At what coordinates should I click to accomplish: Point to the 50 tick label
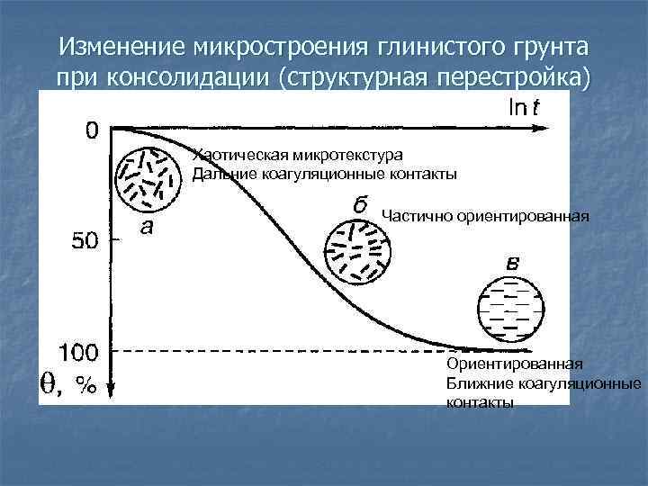pyautogui.click(x=89, y=240)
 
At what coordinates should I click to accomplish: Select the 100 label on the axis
pyautogui.click(x=80, y=350)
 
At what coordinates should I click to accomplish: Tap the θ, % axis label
pyautogui.click(x=68, y=384)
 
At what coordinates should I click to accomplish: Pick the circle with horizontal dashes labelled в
pyautogui.click(x=509, y=310)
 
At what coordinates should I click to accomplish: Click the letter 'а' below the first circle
pyautogui.click(x=146, y=226)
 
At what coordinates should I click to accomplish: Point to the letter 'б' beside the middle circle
pyautogui.click(x=359, y=204)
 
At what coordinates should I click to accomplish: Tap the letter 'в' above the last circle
pyautogui.click(x=510, y=264)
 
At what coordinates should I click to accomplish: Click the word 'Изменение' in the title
pyautogui.click(x=119, y=45)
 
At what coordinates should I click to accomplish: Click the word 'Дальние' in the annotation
pyautogui.click(x=220, y=173)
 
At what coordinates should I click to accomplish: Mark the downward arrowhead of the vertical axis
pyautogui.click(x=110, y=389)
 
